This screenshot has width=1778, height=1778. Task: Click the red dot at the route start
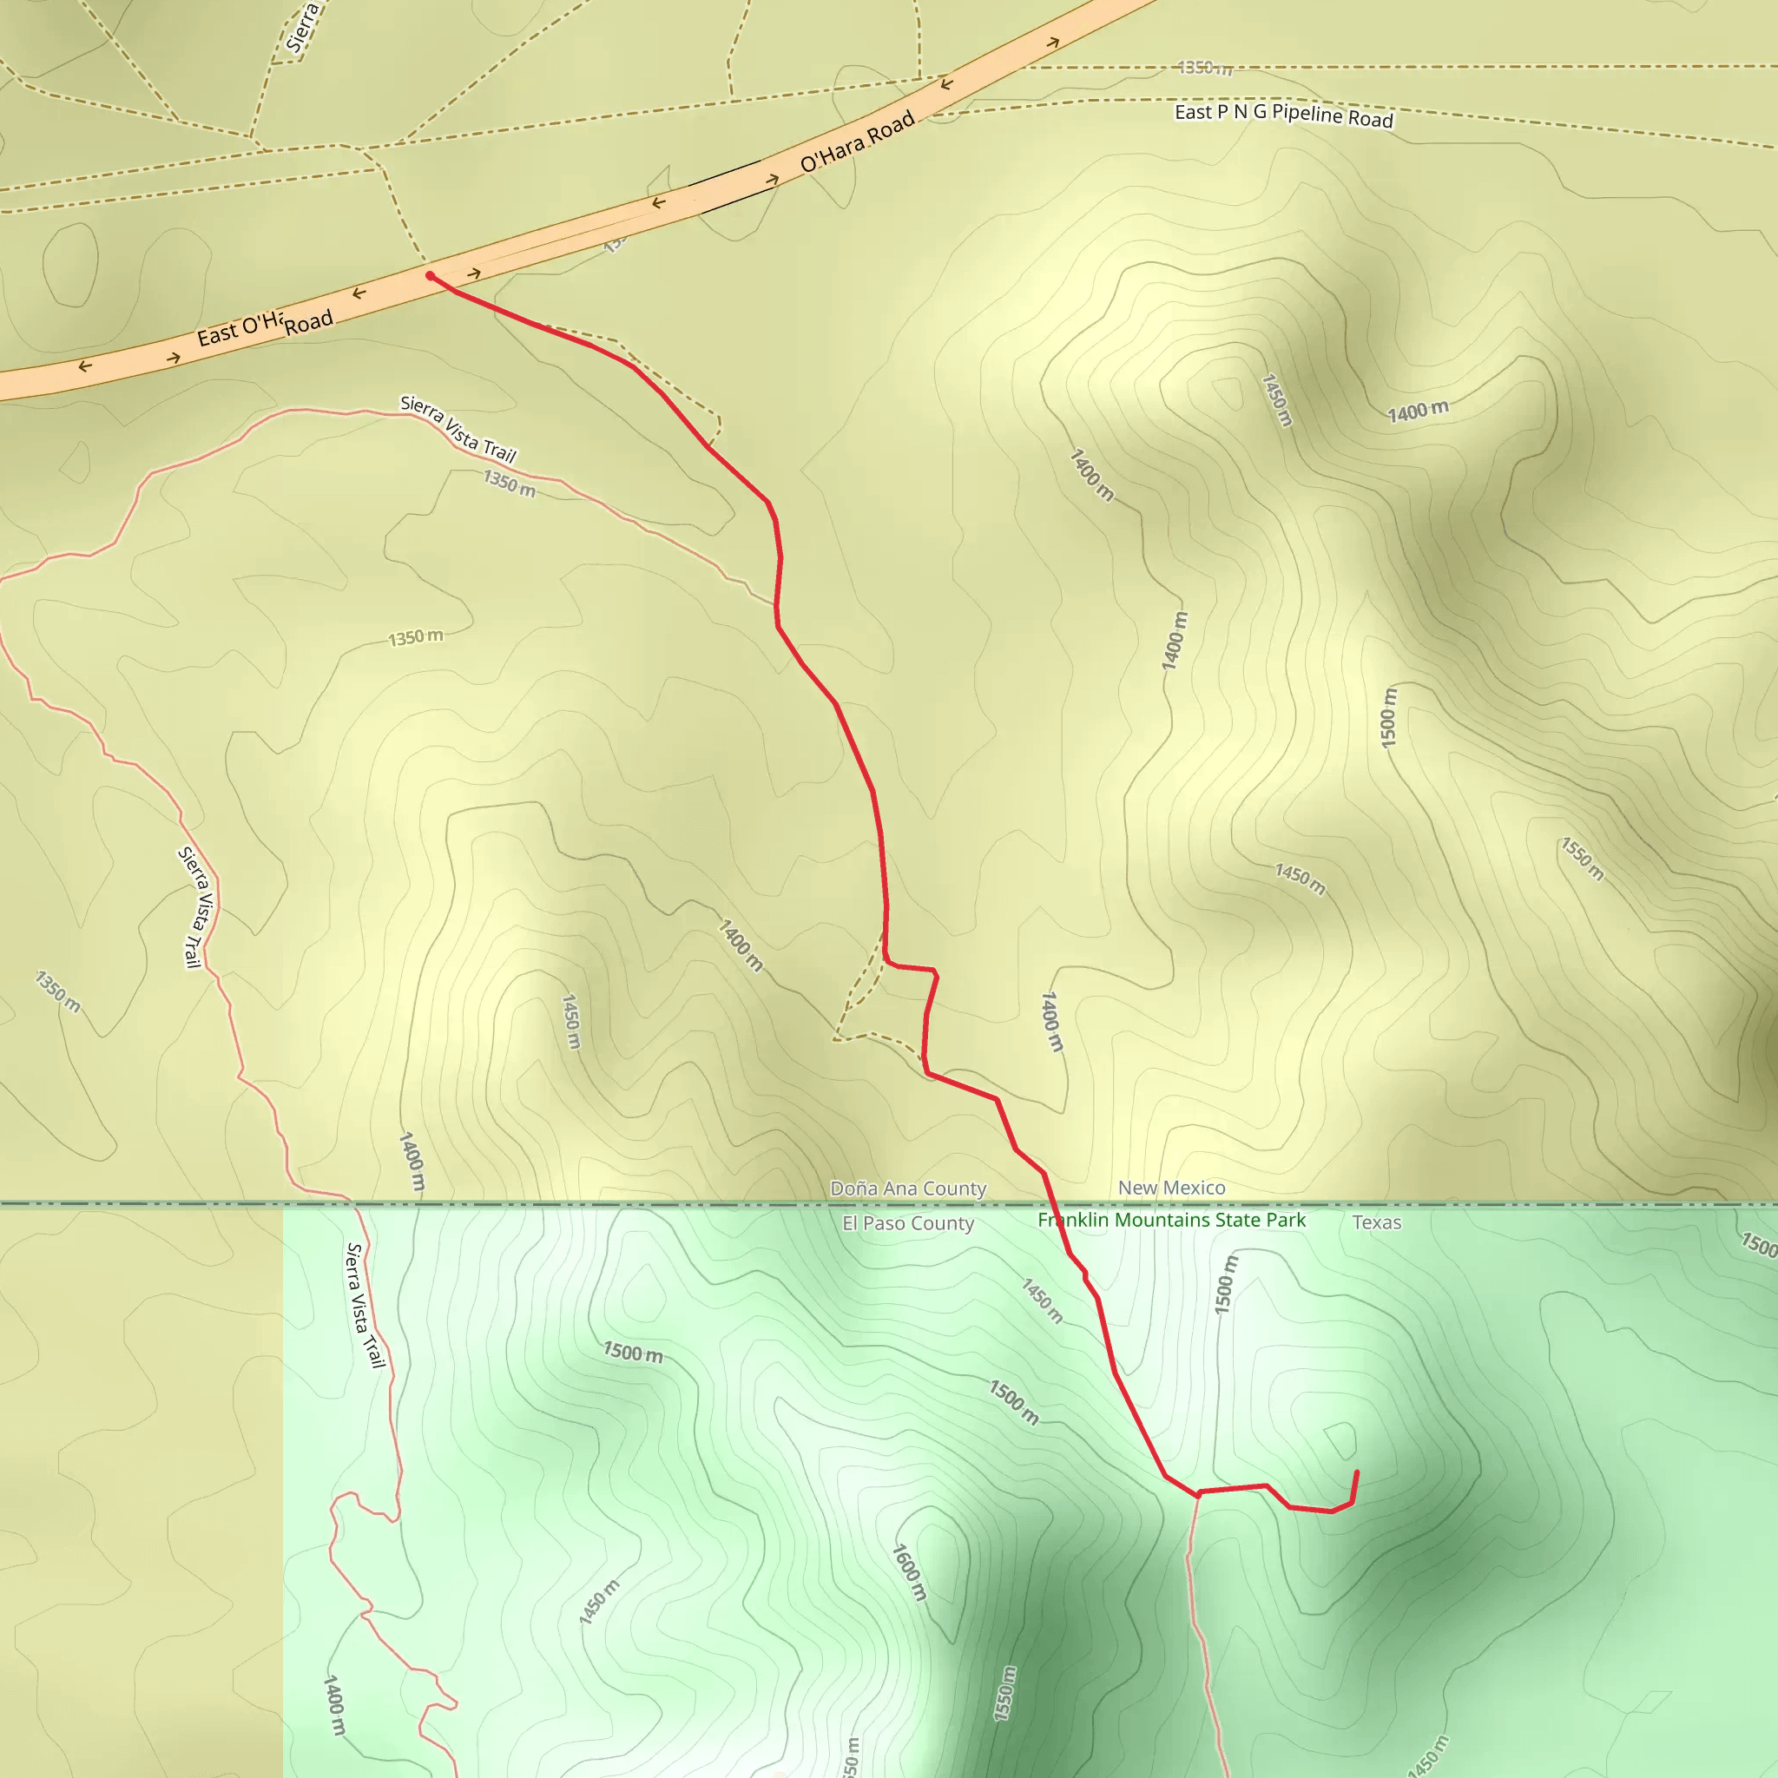[430, 275]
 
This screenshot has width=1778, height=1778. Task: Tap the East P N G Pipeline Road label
[1284, 115]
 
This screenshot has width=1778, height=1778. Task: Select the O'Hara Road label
[857, 141]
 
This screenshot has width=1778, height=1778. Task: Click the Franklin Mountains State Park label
[1171, 1221]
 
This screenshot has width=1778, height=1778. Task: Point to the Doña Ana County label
[907, 1189]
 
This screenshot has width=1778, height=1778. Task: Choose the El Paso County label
[907, 1223]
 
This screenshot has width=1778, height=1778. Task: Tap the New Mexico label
[1171, 1189]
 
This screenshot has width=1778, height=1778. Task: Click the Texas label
[1377, 1222]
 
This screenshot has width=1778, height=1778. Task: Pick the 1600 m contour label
[909, 1572]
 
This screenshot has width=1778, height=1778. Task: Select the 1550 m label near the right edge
[1582, 859]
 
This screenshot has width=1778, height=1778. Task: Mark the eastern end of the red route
[1357, 1472]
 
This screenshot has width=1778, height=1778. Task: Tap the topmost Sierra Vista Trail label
[458, 428]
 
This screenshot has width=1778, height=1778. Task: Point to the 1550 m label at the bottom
[1006, 1693]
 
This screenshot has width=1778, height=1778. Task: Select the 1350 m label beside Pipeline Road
[1205, 67]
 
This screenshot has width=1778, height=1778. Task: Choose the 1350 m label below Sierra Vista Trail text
[509, 484]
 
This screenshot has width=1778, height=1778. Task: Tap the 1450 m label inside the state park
[1042, 1301]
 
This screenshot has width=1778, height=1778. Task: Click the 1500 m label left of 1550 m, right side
[1389, 717]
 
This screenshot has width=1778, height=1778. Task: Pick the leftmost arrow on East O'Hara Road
[85, 366]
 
